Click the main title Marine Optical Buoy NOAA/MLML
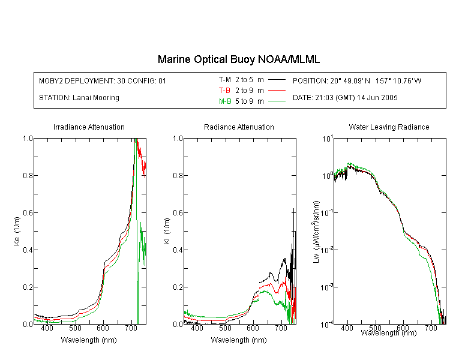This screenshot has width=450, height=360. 239,59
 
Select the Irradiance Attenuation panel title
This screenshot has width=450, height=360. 89,127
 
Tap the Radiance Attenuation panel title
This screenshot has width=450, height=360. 239,127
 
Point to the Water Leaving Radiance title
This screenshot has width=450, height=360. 389,127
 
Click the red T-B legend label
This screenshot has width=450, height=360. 225,91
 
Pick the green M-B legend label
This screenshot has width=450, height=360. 225,101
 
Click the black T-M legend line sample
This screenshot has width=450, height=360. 277,80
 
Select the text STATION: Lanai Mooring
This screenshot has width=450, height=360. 79,98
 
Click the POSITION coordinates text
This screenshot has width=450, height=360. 357,80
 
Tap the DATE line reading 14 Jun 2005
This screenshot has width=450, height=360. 345,98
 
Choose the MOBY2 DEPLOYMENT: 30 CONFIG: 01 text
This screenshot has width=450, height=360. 103,80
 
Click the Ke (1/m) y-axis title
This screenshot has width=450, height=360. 17,231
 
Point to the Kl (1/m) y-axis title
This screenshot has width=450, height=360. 167,231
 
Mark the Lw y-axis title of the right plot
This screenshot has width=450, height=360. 316,232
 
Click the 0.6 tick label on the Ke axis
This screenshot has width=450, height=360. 28,213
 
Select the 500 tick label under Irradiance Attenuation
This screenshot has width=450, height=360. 75,328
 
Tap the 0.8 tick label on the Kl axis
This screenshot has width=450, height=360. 178,175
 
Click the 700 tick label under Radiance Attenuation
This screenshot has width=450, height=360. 281,328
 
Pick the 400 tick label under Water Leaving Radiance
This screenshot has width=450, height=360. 347,328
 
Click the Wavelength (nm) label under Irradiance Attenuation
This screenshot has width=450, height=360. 89,340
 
